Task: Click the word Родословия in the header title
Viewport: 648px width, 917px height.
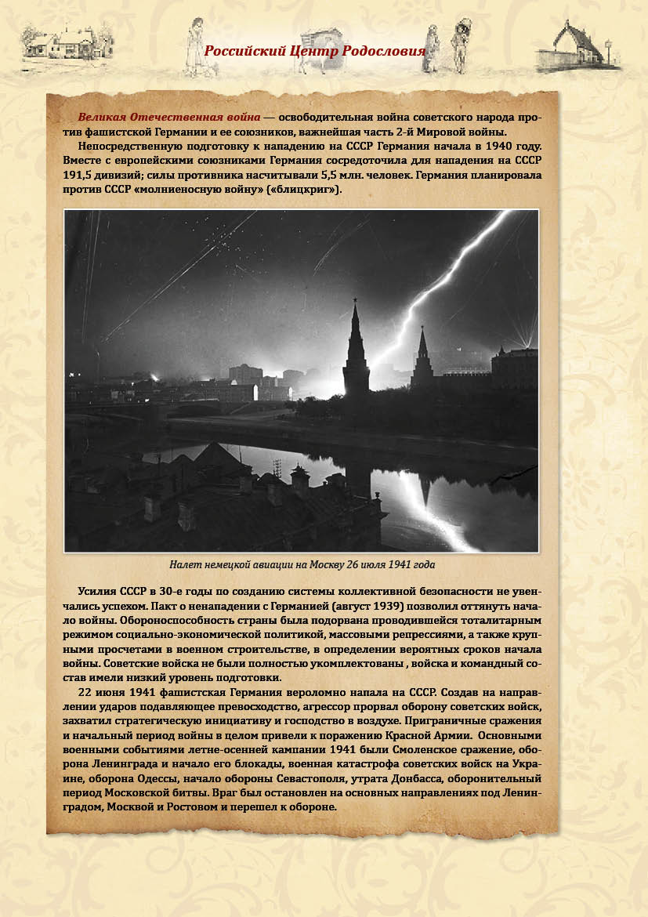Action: coord(385,52)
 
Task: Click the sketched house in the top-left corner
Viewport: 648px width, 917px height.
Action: coord(67,39)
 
